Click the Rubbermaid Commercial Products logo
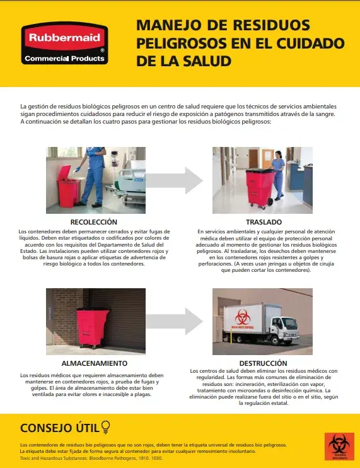pyautogui.click(x=64, y=44)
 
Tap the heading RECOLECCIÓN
pyautogui.click(x=94, y=222)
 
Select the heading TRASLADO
pyautogui.click(x=264, y=222)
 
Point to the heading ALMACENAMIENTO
pyautogui.click(x=95, y=363)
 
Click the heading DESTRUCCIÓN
pyautogui.click(x=264, y=363)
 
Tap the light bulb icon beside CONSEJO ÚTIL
pyautogui.click(x=105, y=428)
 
